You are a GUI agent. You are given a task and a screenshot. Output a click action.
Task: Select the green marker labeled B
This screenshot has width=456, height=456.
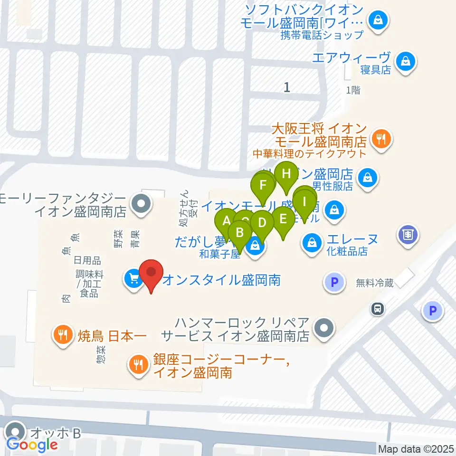[x=240, y=233]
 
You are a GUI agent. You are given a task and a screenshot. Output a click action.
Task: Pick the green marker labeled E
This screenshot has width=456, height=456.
[x=284, y=220]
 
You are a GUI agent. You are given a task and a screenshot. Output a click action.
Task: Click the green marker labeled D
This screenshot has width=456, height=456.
[x=262, y=223]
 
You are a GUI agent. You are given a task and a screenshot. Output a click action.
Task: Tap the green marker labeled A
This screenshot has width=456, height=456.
[x=226, y=221]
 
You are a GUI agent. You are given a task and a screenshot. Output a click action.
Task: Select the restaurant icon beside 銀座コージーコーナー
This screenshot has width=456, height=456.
[x=138, y=364]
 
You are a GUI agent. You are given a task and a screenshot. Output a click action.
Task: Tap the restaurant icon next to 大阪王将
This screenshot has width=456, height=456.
[x=381, y=139]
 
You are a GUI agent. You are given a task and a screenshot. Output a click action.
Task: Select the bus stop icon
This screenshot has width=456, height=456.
[x=377, y=309]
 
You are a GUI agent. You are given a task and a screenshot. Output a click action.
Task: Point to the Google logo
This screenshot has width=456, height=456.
[x=32, y=445]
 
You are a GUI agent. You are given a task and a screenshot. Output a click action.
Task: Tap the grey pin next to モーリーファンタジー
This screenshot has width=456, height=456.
[x=140, y=204]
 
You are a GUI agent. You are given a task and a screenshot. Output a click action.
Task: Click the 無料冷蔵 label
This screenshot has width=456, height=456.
[x=375, y=283]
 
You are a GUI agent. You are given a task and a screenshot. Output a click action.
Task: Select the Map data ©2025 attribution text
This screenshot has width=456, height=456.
[x=416, y=449]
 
